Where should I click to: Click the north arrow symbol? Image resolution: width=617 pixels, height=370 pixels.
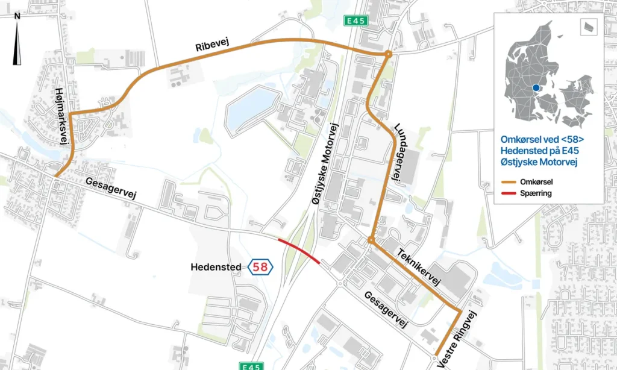pos(17,40)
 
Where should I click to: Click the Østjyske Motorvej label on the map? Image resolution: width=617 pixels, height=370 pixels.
pos(324,165)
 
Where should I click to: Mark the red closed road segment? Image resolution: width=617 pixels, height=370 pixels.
pos(299,249)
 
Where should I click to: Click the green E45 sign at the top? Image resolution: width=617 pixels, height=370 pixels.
pos(356,21)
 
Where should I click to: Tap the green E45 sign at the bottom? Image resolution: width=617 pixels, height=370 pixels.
pos(251,365)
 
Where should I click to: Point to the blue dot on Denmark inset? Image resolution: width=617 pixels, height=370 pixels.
pos(536,88)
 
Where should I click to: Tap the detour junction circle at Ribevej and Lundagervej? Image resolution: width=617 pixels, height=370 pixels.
pos(389,54)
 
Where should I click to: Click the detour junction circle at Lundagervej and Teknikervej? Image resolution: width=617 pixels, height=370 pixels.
pos(371,240)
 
